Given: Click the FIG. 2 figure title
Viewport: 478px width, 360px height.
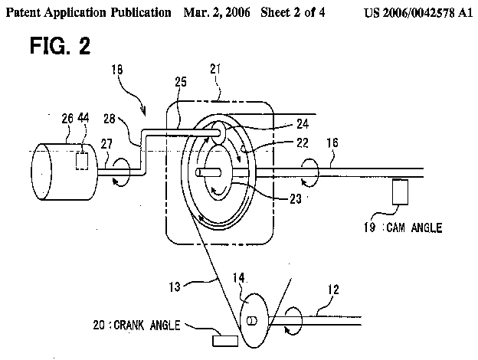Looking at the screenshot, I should pyautogui.click(x=61, y=46).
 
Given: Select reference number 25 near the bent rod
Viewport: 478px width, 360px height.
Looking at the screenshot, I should pyautogui.click(x=180, y=81).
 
